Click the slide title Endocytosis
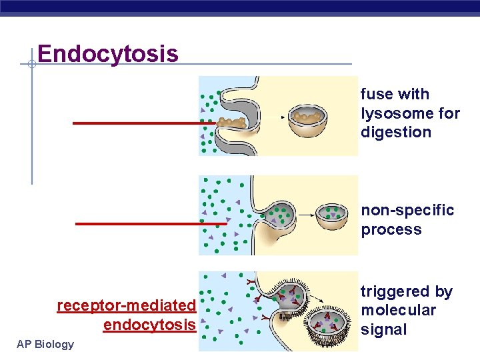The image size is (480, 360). tap(108, 53)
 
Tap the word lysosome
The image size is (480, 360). tap(393, 113)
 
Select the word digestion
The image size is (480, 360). tap(396, 132)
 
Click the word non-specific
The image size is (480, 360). tap(407, 211)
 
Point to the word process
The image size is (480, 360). tap(391, 230)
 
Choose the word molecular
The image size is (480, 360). tap(398, 310)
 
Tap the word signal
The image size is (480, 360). tap(383, 329)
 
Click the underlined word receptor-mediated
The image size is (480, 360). tap(126, 305)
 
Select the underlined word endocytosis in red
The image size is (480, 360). tap(149, 325)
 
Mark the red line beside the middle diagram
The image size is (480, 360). tap(150, 223)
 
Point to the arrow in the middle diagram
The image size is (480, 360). tap(306, 215)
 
